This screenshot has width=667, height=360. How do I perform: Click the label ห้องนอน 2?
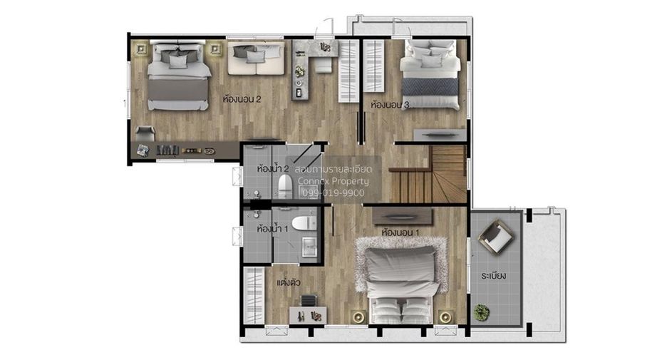(x=242, y=99)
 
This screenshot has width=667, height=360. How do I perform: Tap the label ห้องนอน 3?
(x=390, y=104)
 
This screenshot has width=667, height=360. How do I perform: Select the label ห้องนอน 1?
(x=400, y=233)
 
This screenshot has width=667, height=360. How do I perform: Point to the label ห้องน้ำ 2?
(x=273, y=168)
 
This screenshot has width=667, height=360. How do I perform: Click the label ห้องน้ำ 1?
(x=272, y=229)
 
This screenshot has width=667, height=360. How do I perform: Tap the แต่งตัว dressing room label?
(x=289, y=282)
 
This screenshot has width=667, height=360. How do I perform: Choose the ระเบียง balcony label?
(x=493, y=276)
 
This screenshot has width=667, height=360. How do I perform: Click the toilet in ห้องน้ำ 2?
(x=284, y=186)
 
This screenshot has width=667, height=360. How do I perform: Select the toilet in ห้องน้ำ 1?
(x=304, y=222)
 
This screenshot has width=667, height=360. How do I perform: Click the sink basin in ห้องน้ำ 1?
(x=309, y=247)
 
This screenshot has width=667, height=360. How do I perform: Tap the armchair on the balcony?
(x=495, y=236)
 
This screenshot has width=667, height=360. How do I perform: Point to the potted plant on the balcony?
(x=482, y=312)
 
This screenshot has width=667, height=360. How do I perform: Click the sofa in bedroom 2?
(x=256, y=58)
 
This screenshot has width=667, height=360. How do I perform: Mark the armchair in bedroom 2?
(x=145, y=133)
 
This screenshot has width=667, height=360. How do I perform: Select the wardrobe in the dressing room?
(x=254, y=295)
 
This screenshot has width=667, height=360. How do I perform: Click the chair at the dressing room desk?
(x=309, y=301)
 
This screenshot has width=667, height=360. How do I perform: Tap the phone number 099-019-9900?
(x=333, y=192)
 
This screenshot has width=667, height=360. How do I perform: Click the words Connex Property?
(x=333, y=181)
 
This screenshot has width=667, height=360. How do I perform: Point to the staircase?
(x=429, y=175)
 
